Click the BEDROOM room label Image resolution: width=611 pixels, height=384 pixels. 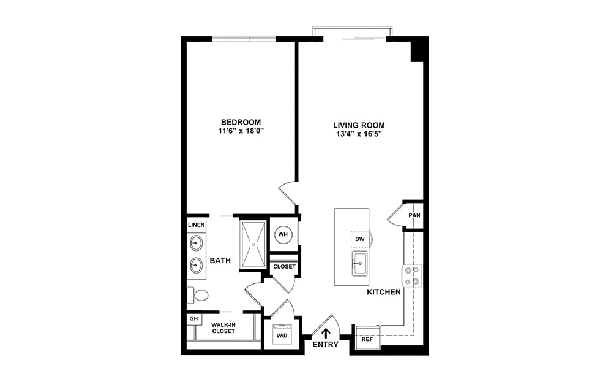[x=241, y=122]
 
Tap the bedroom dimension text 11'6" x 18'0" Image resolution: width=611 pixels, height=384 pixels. [x=241, y=131]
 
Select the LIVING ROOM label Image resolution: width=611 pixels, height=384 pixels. [x=359, y=125]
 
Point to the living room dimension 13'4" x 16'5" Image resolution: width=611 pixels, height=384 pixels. [x=359, y=134]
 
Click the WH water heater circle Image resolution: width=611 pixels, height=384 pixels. [x=283, y=234]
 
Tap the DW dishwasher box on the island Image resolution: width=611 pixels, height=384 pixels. [x=360, y=239]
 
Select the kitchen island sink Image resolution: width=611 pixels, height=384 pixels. [x=359, y=263]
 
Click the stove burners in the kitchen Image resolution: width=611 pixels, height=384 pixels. [x=412, y=275]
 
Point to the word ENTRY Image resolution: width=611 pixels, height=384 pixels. [x=326, y=345]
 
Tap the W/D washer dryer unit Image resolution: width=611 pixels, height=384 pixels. [x=282, y=334]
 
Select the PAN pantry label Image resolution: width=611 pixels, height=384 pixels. [x=414, y=215]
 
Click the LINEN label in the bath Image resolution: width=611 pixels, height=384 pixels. [x=196, y=225]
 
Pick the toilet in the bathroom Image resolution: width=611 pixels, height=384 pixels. [x=198, y=295]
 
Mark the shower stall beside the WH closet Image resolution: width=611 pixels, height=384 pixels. [x=253, y=244]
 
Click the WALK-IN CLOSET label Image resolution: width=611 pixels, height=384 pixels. [x=223, y=328]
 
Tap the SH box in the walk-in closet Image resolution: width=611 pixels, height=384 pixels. [x=194, y=319]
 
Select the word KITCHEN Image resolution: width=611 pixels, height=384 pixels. [x=384, y=292]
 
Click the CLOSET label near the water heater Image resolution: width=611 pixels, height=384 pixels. [x=285, y=267]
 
